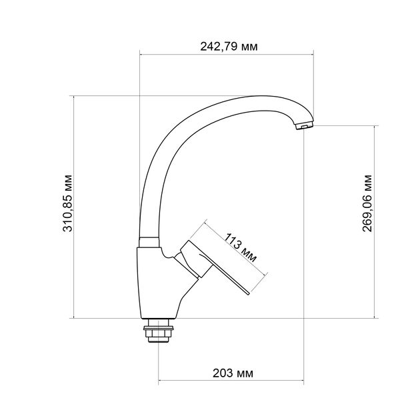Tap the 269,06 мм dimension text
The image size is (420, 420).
point(367,203)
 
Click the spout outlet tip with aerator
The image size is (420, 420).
point(303,125)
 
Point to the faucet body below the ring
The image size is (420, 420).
point(150,280)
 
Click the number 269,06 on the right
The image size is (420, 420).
point(367,212)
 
